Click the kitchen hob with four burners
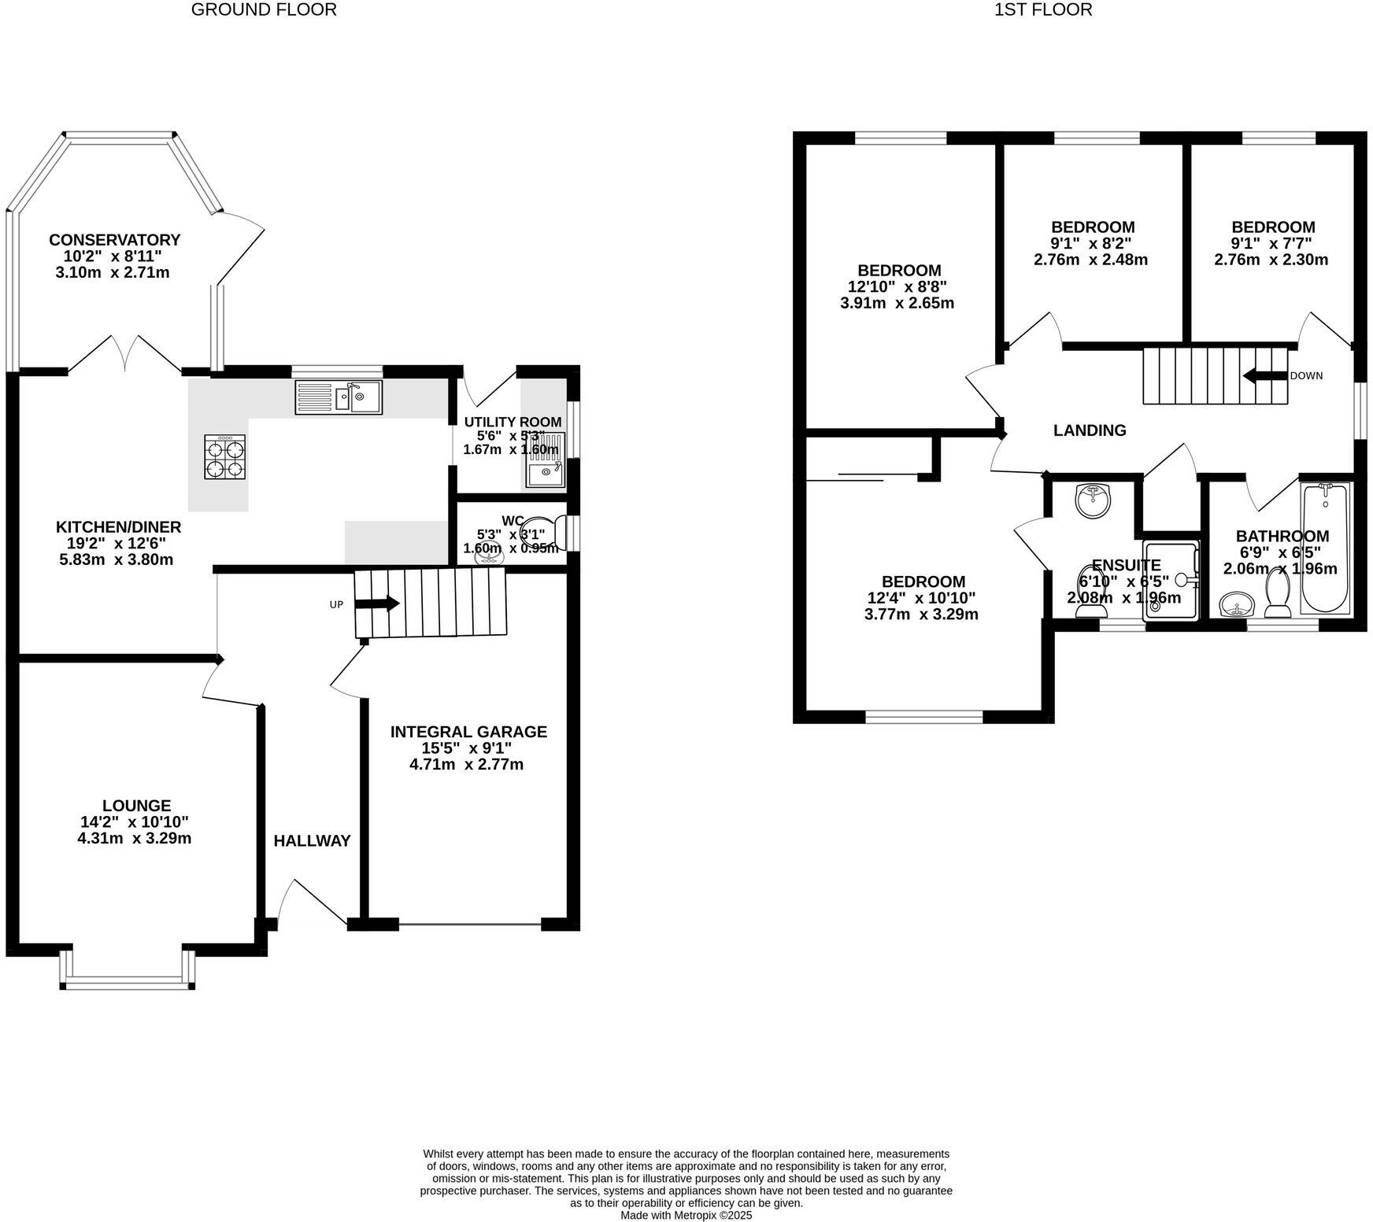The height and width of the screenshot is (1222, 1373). (226, 457)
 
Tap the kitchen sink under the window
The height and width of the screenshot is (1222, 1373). (339, 397)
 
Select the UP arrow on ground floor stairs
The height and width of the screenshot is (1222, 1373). (377, 604)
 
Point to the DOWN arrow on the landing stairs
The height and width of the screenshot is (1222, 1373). (1264, 376)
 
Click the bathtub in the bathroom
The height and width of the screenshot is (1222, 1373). (1325, 548)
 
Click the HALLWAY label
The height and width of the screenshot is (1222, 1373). (312, 841)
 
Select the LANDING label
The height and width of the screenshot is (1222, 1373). (1090, 430)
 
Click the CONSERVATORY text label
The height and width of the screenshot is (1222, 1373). (114, 240)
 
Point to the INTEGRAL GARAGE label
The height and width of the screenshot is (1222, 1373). (468, 732)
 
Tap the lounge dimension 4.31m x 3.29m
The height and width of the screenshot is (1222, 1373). (135, 839)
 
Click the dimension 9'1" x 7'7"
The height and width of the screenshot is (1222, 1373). (1273, 243)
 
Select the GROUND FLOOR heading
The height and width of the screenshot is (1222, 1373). (264, 10)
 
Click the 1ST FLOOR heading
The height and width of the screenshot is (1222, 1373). (1043, 10)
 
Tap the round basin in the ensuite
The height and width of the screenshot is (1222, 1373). (1093, 500)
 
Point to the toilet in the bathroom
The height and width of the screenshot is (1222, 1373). (1276, 595)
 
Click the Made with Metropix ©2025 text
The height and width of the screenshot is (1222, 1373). (686, 1215)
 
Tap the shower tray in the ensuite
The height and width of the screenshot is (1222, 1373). (1170, 580)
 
